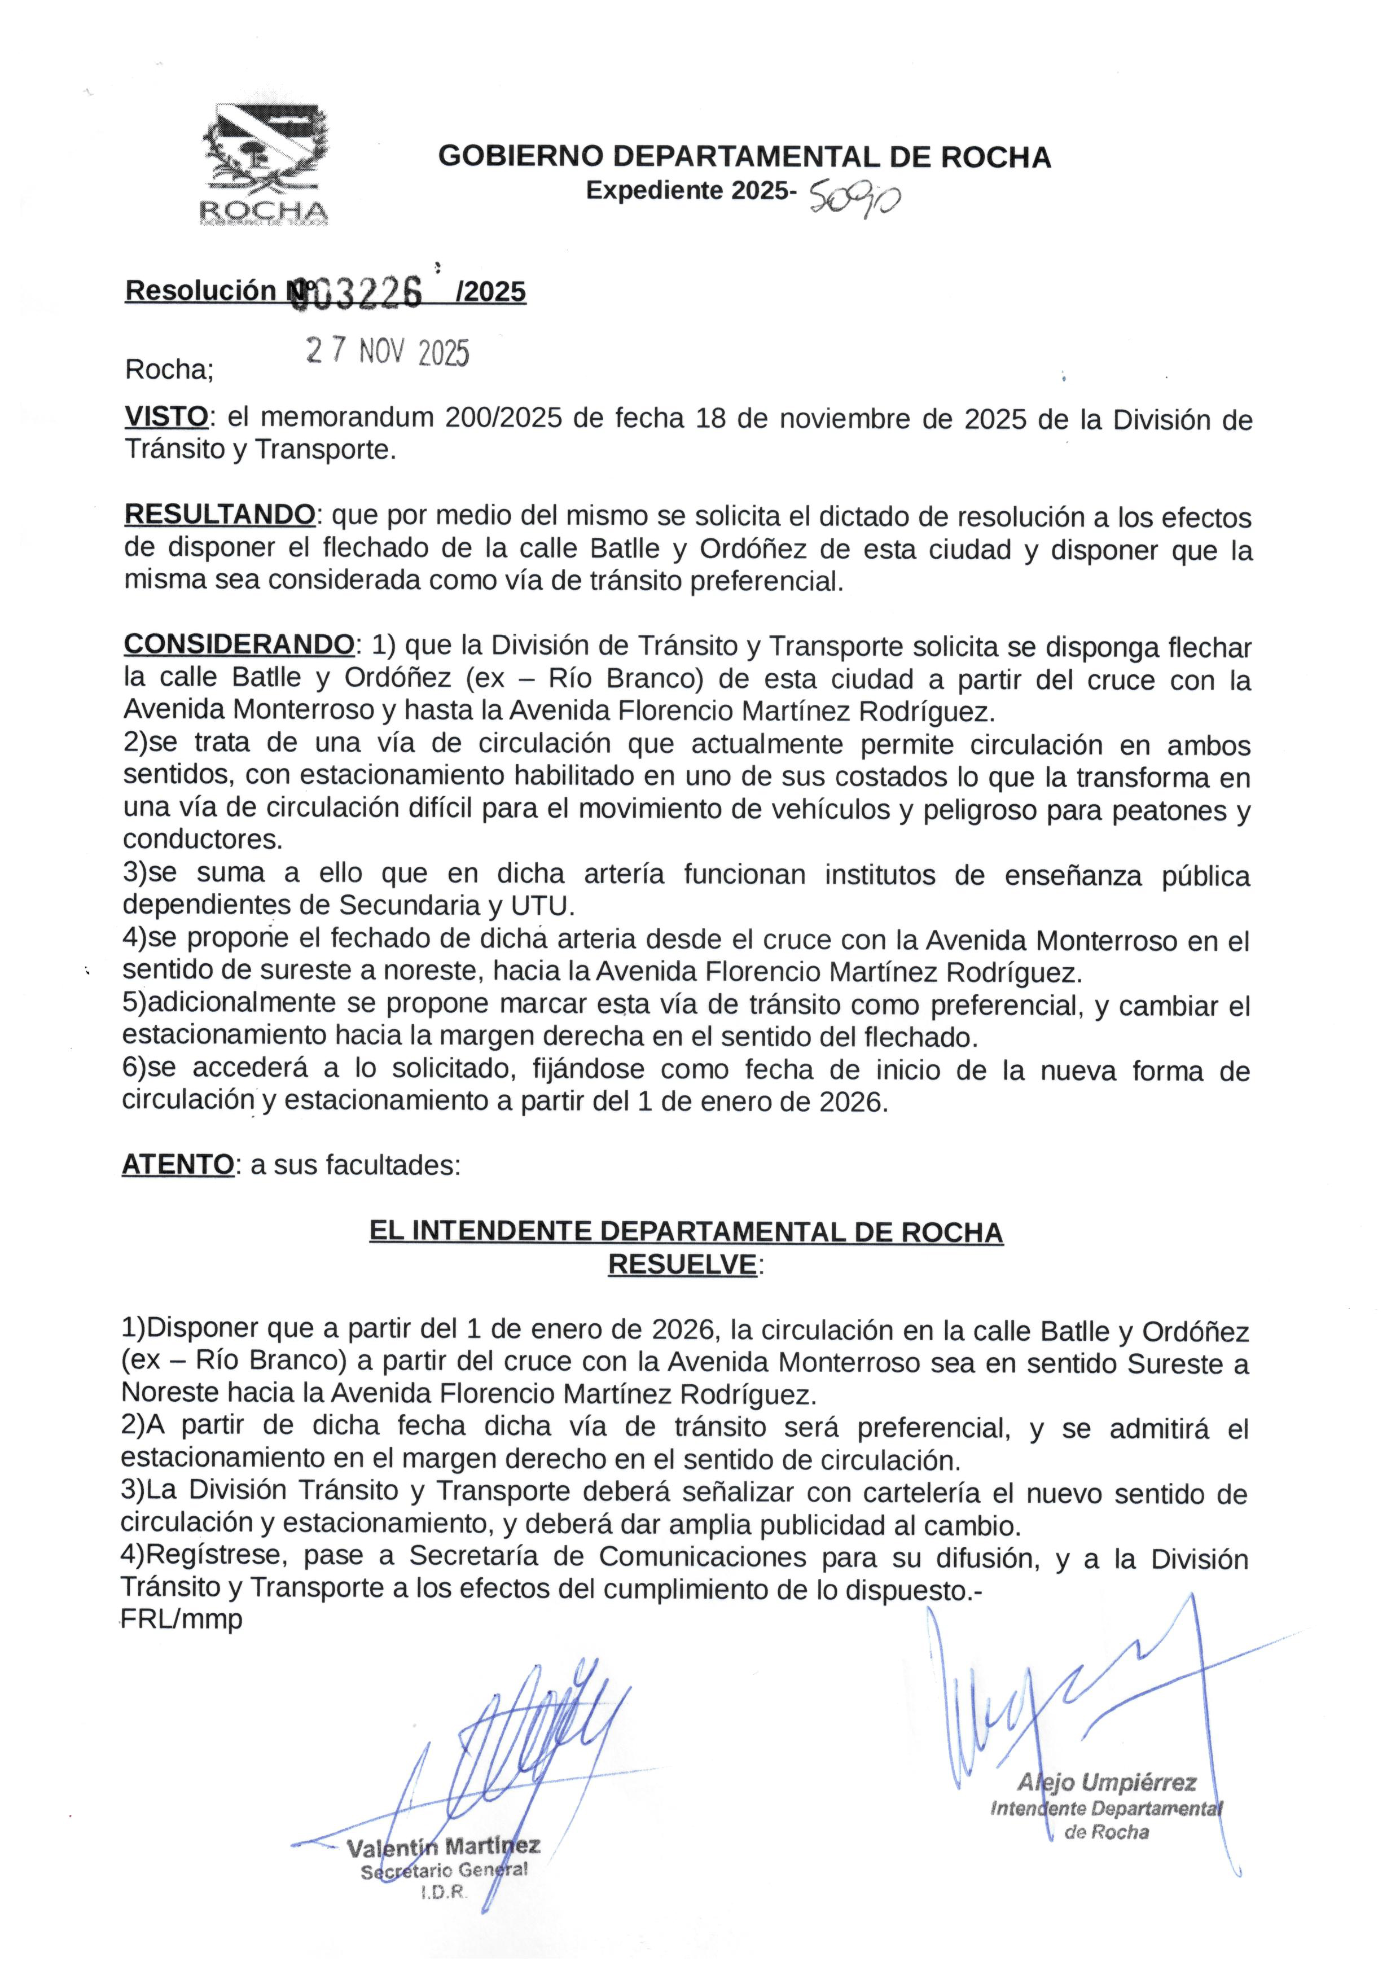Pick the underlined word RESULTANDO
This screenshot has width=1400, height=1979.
[x=220, y=515]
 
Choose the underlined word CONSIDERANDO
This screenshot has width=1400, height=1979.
[x=239, y=645]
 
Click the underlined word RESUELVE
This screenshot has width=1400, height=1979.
[x=682, y=1265]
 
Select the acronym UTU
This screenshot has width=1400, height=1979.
[x=541, y=906]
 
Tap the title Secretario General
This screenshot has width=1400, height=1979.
[x=444, y=1871]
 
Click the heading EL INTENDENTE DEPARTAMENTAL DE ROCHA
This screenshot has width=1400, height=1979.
[x=686, y=1232]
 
